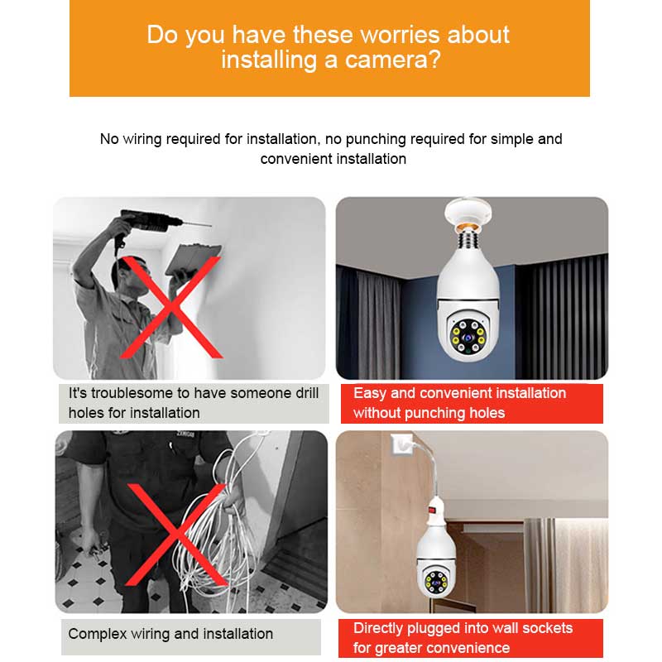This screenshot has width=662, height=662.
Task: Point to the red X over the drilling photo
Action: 170,307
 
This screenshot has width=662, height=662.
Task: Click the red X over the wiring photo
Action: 176,535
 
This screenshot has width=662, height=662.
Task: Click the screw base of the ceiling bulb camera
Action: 468,238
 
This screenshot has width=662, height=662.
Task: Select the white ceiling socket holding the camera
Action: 468,212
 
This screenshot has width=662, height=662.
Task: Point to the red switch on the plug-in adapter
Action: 431,510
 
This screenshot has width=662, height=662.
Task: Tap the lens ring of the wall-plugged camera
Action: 436,581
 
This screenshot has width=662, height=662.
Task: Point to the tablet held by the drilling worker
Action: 193,258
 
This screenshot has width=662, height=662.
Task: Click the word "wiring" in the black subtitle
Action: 142,139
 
